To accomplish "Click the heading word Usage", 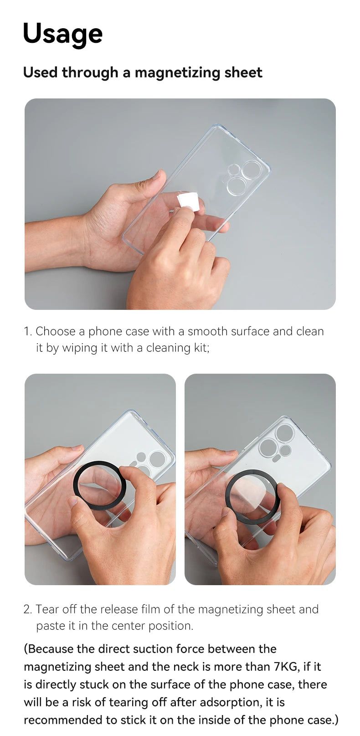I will click(62, 34).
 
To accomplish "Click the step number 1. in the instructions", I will click(28, 331).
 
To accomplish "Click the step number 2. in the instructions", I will click(28, 609).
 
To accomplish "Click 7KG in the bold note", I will click(286, 667).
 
